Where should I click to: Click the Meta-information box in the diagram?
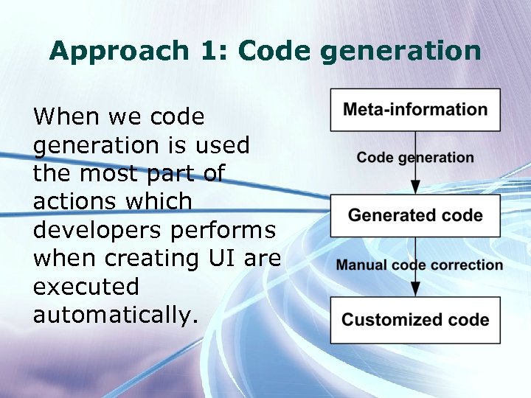point(415,110)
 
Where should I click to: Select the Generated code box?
point(415,215)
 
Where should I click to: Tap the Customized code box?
point(415,320)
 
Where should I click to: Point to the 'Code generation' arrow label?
point(415,157)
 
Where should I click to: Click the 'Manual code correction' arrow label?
point(419,265)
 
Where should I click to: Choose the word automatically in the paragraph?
point(116,315)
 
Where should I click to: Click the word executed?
point(86,286)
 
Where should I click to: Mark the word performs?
point(223,230)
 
